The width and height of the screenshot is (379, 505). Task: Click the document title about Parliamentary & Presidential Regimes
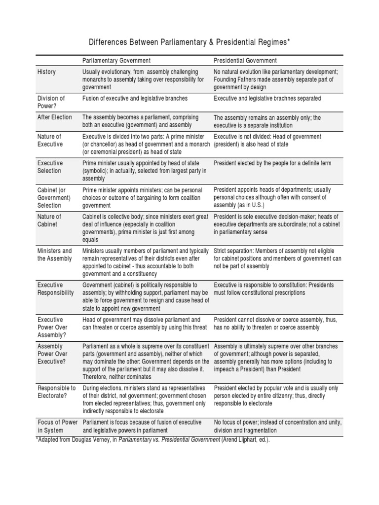[189, 42]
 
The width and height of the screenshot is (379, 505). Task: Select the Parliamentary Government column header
[116, 61]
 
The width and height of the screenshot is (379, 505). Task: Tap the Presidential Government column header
[245, 61]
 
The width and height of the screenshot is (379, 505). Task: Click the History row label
[47, 72]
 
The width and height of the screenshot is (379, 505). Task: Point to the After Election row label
[55, 117]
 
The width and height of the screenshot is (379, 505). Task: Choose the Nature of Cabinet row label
[49, 220]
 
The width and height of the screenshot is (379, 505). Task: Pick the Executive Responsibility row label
[56, 289]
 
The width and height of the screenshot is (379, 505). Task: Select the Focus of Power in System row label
[57, 426]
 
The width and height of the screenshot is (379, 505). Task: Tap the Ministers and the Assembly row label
[55, 254]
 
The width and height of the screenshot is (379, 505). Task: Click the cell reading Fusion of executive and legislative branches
[135, 99]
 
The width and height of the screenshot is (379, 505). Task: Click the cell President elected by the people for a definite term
[272, 163]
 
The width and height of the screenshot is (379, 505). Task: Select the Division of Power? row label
[51, 102]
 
